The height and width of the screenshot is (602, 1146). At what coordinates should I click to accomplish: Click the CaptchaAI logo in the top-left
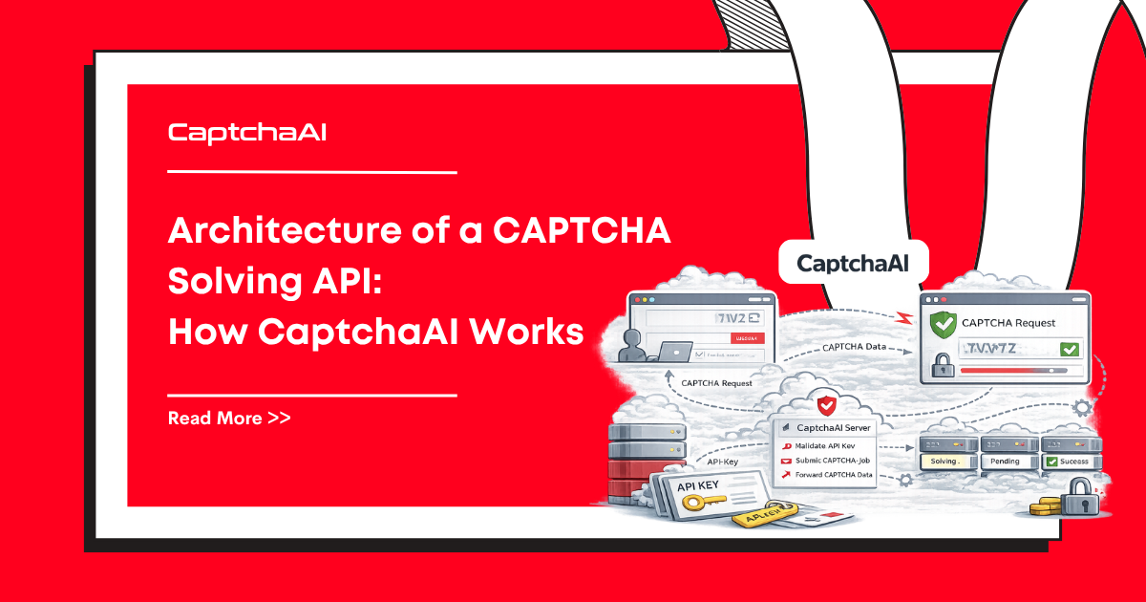tap(247, 132)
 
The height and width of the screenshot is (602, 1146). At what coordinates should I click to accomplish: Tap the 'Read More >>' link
tap(229, 418)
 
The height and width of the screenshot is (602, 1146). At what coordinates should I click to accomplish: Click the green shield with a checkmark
tap(943, 324)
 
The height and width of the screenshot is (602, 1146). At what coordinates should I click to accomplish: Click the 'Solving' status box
tap(944, 461)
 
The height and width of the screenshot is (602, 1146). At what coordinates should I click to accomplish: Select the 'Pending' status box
tap(1004, 461)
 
